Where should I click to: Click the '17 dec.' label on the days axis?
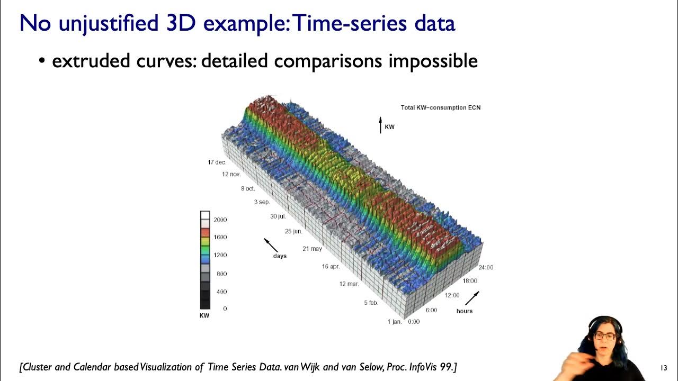(x=217, y=162)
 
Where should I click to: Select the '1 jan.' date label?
(x=394, y=322)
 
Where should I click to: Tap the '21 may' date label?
(x=312, y=249)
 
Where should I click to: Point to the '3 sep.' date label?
(x=262, y=202)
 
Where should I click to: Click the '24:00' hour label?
(x=485, y=267)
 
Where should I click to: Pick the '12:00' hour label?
(x=452, y=295)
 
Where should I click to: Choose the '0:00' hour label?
(x=414, y=322)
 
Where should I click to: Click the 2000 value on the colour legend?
(x=220, y=220)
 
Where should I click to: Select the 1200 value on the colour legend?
(x=220, y=255)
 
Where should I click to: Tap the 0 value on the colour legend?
(x=225, y=309)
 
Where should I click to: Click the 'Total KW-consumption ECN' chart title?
(x=440, y=107)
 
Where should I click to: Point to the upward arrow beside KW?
(x=380, y=125)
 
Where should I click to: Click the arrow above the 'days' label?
(x=271, y=245)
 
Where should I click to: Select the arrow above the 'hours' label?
(x=472, y=298)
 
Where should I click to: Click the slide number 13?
(x=664, y=368)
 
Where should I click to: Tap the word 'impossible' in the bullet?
(x=433, y=61)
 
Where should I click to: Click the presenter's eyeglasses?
(x=607, y=337)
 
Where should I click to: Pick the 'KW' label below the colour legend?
(x=204, y=316)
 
